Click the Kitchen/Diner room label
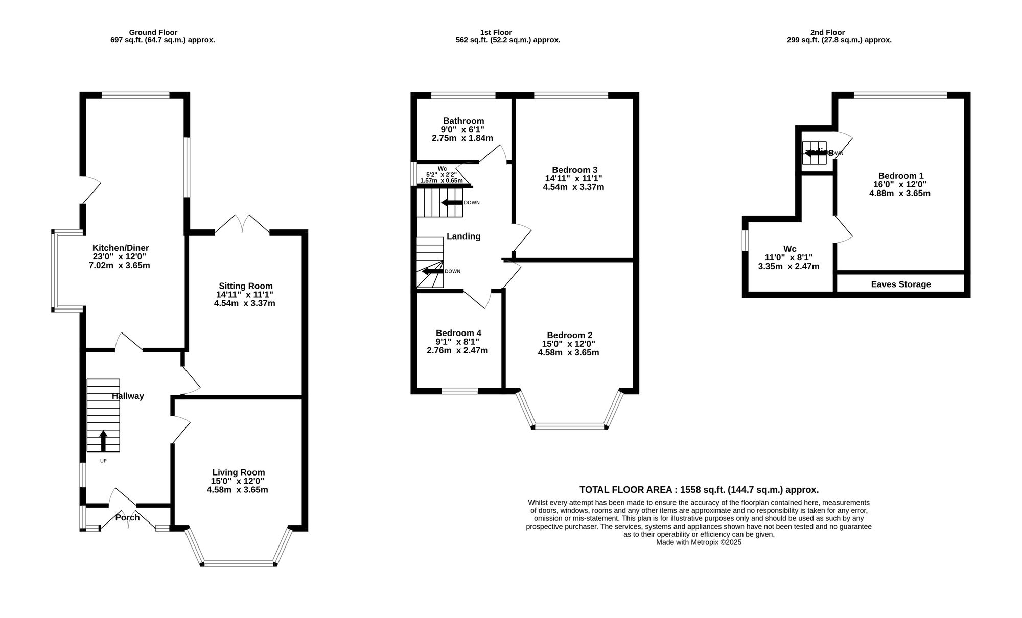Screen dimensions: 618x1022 (120, 248)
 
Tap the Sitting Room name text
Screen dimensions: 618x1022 (246, 286)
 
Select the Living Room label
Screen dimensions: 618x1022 (239, 472)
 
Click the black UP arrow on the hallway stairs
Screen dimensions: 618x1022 (103, 441)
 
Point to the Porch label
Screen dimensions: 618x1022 (127, 517)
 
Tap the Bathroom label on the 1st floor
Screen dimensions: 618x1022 (463, 121)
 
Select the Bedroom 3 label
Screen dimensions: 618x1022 (574, 170)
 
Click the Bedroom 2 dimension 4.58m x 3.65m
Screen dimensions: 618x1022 (568, 352)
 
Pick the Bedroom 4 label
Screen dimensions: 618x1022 (458, 333)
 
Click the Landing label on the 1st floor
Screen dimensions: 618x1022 (463, 236)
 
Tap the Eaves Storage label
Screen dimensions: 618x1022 (901, 284)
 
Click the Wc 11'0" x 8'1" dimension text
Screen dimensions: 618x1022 (788, 258)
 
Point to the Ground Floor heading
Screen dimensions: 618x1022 (153, 32)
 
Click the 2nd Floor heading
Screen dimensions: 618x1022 (827, 32)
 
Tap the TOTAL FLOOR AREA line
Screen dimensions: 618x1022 (699, 489)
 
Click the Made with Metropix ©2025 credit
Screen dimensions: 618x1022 (699, 542)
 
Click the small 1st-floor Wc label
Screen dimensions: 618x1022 (442, 168)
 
